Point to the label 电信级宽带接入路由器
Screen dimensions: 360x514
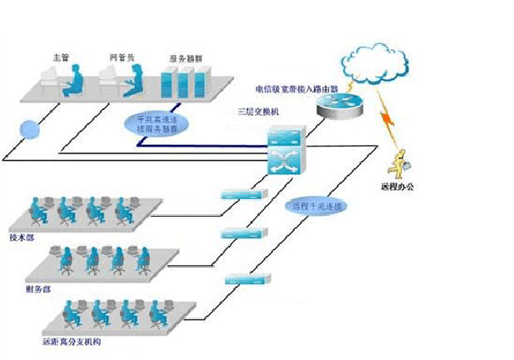coord(297,87)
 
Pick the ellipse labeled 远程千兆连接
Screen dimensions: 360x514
coord(317,205)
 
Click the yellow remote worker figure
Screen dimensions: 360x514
coord(403,162)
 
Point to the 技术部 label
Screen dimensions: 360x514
coord(22,236)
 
